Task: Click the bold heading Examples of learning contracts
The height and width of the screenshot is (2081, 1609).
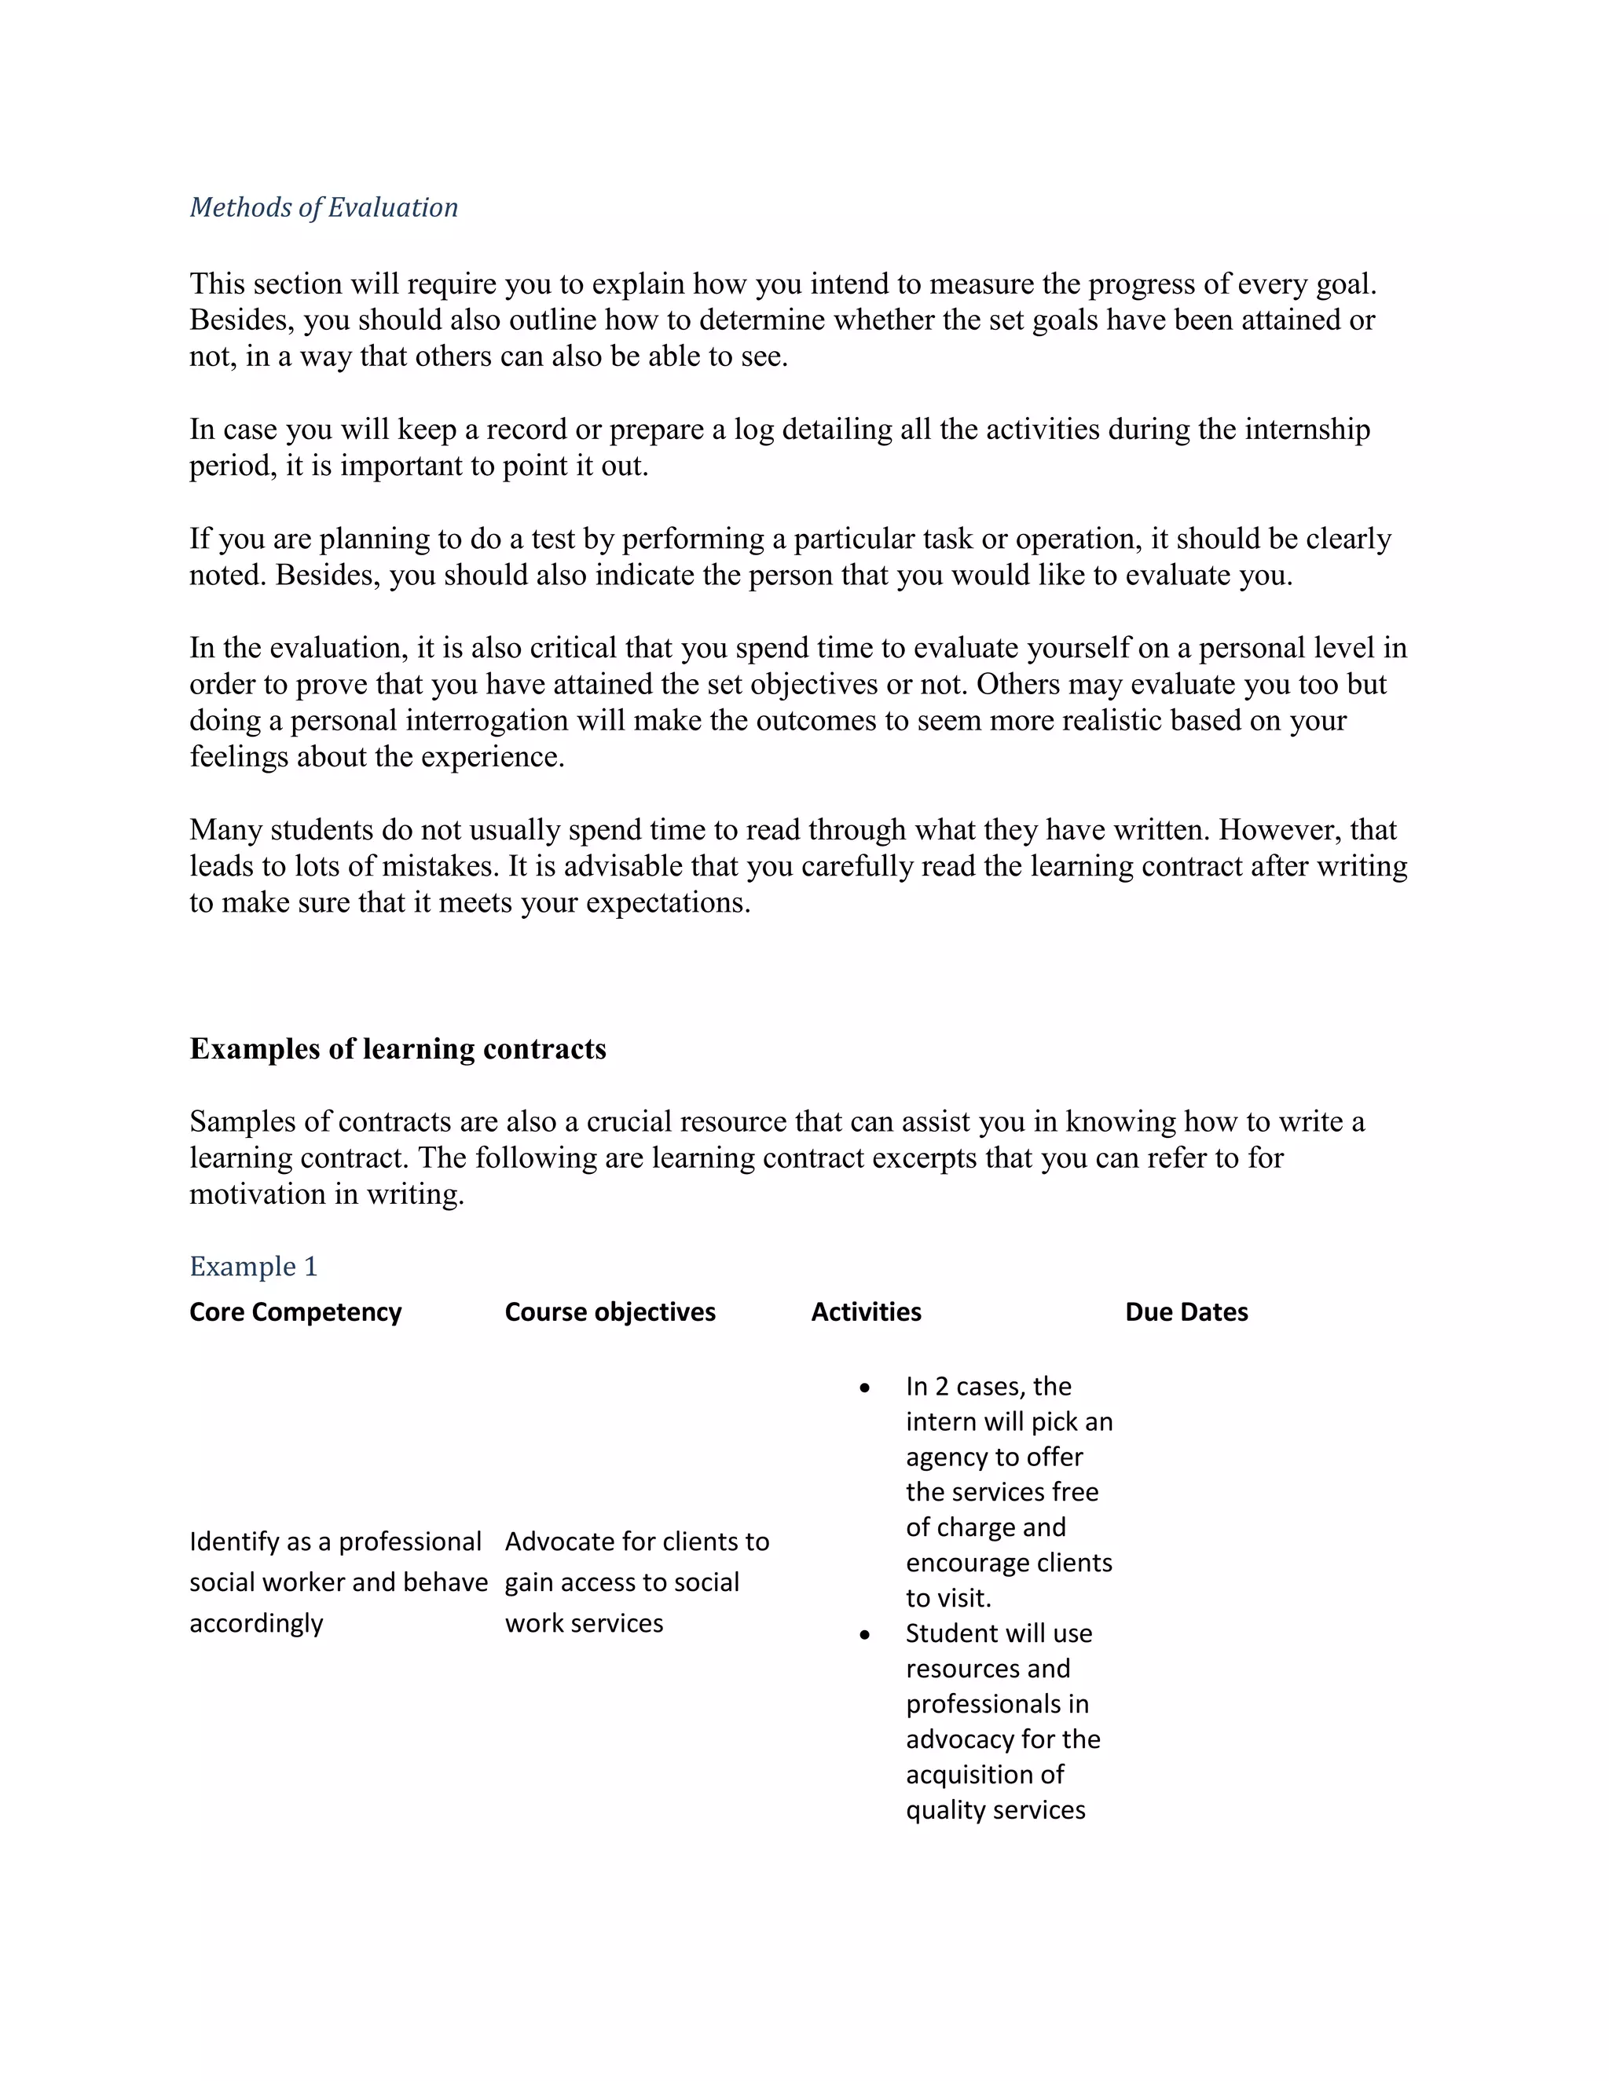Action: point(398,1048)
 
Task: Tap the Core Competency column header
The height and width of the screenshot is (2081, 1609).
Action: point(295,1312)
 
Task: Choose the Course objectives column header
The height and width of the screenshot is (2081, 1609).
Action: point(610,1312)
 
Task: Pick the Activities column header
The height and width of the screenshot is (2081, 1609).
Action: point(866,1312)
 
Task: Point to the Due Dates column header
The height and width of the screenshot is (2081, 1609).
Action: point(1186,1312)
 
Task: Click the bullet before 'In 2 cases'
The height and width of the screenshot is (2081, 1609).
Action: point(864,1388)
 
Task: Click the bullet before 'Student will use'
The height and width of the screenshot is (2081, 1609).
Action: point(864,1635)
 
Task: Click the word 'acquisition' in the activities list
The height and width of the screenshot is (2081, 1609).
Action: point(984,1774)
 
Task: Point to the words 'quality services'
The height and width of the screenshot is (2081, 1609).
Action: point(995,1809)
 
